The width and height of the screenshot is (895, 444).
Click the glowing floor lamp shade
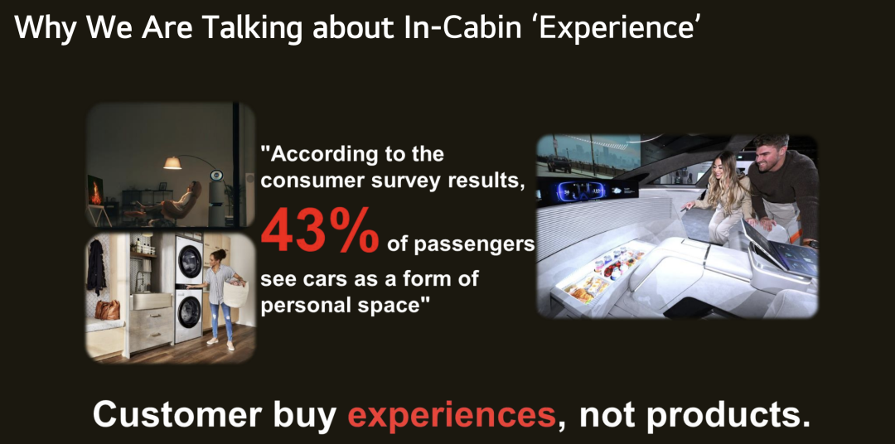pyautogui.click(x=172, y=163)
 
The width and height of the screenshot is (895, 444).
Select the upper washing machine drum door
pyautogui.click(x=188, y=259)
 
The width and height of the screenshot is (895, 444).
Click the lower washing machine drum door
pyautogui.click(x=188, y=311)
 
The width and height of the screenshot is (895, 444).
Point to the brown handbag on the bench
pyautogui.click(x=107, y=309)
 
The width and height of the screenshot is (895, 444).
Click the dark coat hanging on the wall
pyautogui.click(x=96, y=266)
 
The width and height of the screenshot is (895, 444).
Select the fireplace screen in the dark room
pyautogui.click(x=94, y=191)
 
